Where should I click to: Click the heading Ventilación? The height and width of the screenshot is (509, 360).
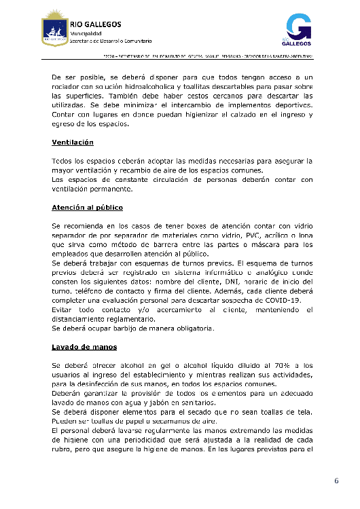tap(73, 143)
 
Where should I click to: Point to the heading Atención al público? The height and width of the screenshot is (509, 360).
tap(87, 206)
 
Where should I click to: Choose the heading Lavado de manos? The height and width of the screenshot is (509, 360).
tap(84, 347)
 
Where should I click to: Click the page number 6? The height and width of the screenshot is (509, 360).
tap(336, 481)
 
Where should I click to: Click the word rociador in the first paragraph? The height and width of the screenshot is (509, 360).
tap(69, 87)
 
